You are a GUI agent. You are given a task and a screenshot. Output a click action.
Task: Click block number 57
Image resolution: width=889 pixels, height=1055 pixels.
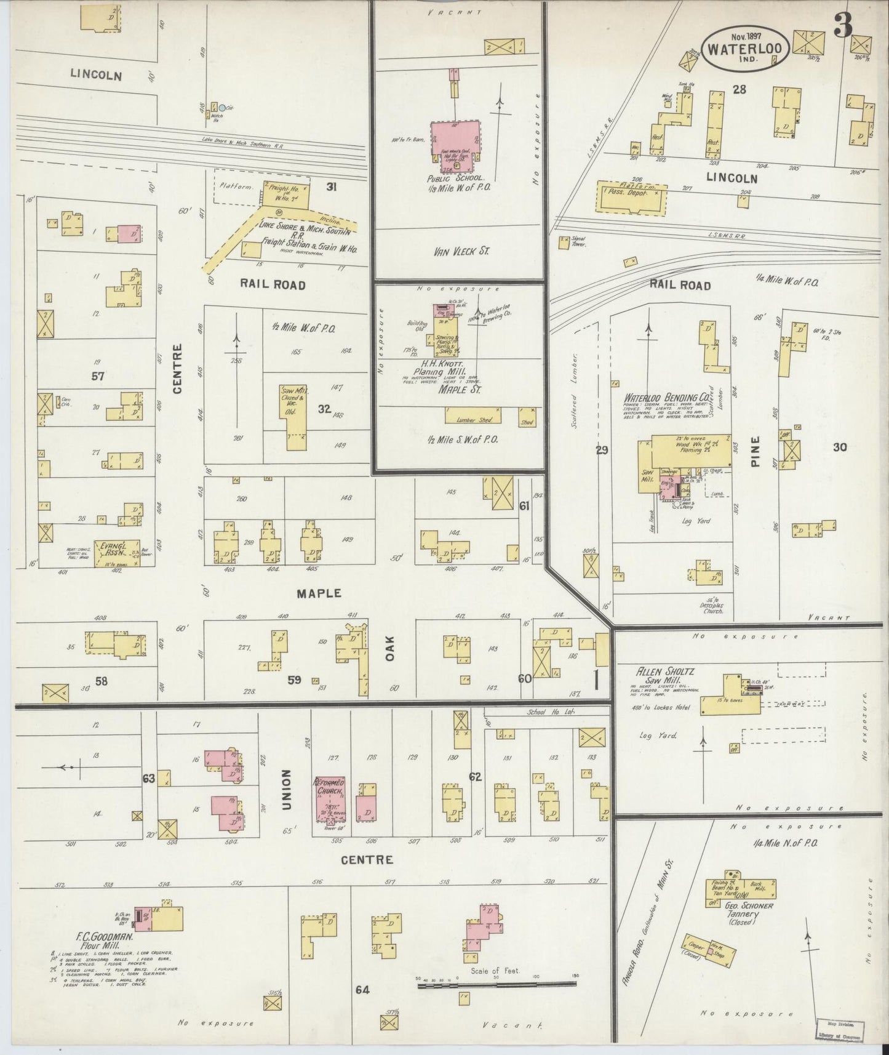98,376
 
